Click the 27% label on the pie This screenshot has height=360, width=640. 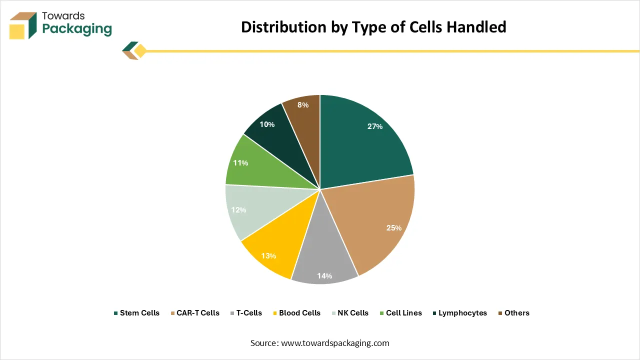374,126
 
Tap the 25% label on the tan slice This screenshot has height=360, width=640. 394,228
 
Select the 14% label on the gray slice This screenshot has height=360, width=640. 324,275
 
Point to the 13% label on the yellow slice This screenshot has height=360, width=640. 268,256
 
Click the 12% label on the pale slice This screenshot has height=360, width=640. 239,210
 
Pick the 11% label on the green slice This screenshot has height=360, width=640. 240,163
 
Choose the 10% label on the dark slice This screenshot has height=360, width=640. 267,124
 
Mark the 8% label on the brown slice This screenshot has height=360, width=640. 302,105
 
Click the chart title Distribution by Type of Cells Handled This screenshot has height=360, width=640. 373,27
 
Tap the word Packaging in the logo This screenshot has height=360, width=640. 77,28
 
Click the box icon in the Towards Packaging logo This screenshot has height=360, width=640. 23,25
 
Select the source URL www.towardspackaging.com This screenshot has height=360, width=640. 335,343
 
